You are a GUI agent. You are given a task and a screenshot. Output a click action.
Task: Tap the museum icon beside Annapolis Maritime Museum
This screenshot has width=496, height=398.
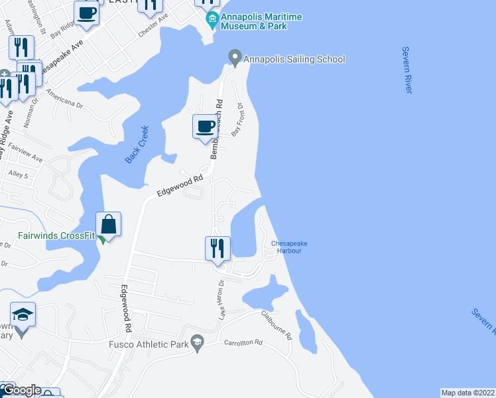click(x=212, y=21)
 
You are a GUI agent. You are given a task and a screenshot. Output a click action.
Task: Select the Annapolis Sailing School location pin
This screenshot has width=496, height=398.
click(x=234, y=58)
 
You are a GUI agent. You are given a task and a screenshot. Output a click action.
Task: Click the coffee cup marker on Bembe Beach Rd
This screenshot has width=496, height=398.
click(x=205, y=125)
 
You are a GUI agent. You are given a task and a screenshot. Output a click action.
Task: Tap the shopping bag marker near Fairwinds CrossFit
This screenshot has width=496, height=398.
click(x=109, y=224)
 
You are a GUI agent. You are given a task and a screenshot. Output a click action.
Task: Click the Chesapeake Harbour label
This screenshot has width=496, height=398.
click(x=289, y=247)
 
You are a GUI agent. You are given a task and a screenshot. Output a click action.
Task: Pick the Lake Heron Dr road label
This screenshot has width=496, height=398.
click(x=222, y=299)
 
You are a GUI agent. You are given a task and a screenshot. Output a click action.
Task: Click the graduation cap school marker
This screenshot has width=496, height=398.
click(x=23, y=314)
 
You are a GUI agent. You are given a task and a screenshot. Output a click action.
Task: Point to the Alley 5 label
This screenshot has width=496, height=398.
click(x=17, y=175)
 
